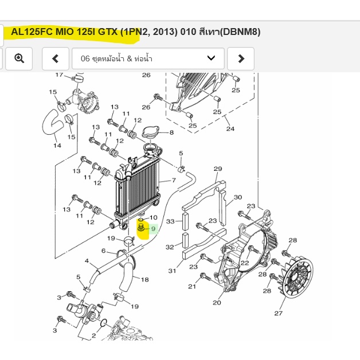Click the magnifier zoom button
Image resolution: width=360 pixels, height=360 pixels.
click(19, 58)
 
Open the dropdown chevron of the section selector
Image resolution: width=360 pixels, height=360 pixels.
click(211, 58)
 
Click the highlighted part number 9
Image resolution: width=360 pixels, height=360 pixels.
click(154, 229)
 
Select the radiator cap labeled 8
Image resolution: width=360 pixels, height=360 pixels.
click(151, 132)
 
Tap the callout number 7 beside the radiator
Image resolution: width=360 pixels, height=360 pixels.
click(174, 180)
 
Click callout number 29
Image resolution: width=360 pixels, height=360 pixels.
click(218, 169)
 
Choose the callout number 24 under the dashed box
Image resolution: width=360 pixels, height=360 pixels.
click(230, 129)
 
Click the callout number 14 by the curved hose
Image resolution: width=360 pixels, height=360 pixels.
click(57, 146)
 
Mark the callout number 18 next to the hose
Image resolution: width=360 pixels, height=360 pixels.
click(144, 279)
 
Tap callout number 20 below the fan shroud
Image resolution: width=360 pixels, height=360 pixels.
click(217, 303)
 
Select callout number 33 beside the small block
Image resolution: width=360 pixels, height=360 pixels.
click(170, 221)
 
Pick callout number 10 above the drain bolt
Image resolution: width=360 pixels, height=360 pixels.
click(154, 217)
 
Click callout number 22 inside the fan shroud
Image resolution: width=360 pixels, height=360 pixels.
click(245, 263)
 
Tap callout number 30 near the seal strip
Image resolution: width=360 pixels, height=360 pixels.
click(238, 197)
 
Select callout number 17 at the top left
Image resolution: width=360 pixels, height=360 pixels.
click(59, 75)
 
